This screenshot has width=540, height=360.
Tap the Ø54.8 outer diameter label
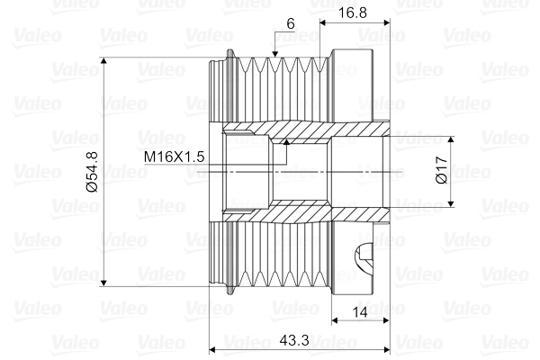click(91, 172)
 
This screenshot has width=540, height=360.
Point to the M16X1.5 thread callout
click(175, 157)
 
